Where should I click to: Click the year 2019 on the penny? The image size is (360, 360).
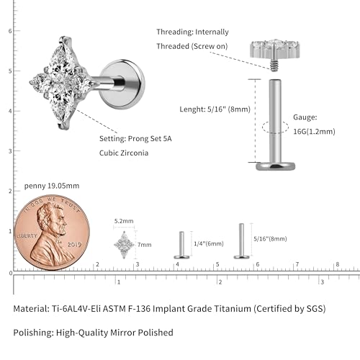(74, 245)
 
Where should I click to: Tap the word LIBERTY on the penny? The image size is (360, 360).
(27, 235)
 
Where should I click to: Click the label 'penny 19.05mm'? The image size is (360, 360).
(52, 186)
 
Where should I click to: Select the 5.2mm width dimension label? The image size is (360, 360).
(124, 221)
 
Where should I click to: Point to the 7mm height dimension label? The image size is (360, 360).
(145, 245)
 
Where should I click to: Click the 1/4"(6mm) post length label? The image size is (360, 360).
(209, 244)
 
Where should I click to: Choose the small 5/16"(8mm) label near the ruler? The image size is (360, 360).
(270, 239)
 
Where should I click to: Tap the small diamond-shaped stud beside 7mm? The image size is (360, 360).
(124, 245)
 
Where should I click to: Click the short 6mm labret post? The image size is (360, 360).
(181, 245)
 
